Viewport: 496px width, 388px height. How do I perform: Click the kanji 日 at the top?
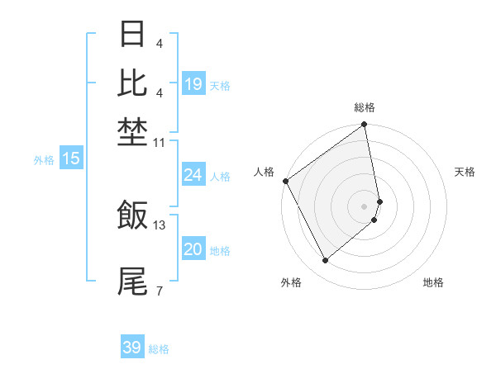[132, 35]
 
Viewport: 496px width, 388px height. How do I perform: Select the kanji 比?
[132, 83]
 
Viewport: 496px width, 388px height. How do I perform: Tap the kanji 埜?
[132, 130]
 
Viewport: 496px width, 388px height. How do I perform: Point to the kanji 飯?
[132, 215]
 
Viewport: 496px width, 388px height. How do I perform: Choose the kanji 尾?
[132, 282]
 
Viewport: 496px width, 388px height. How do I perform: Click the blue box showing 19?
[193, 84]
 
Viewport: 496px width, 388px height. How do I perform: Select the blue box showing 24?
[193, 175]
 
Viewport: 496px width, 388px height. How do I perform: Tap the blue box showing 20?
[193, 249]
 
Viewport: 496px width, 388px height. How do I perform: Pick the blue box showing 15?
[71, 159]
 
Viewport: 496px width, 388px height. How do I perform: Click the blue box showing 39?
[132, 348]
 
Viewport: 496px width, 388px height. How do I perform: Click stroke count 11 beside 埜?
[160, 143]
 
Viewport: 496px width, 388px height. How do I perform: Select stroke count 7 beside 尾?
[159, 291]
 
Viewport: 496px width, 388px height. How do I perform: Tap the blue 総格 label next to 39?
[159, 349]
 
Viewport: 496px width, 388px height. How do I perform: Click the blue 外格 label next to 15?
[44, 160]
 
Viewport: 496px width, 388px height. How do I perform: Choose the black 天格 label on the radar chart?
[465, 172]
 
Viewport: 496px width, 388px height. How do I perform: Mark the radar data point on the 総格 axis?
[365, 125]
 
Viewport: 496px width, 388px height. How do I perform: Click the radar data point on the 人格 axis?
[285, 181]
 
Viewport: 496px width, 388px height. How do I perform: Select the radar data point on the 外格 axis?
[326, 260]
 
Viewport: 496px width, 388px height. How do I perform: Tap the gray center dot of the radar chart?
[365, 206]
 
